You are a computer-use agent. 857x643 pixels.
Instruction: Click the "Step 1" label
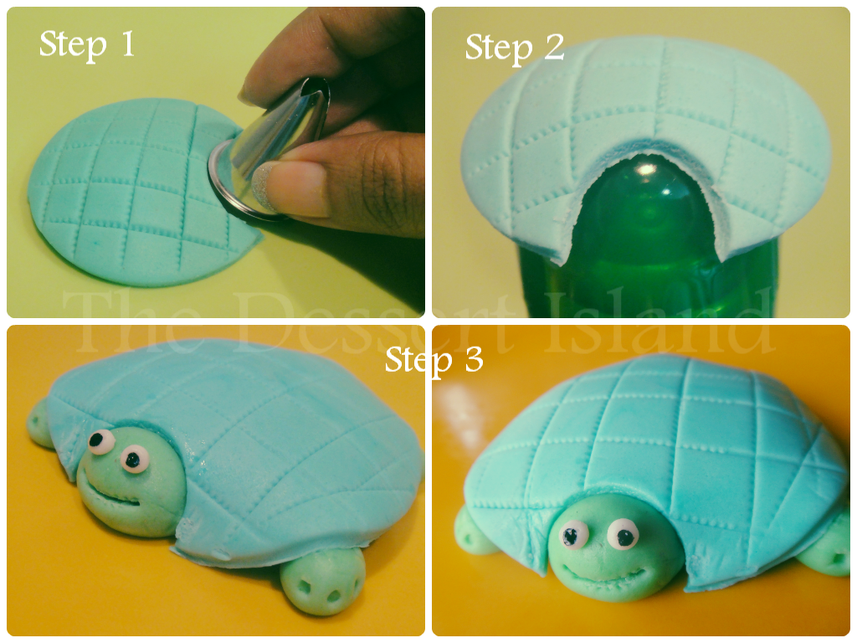pos(87,44)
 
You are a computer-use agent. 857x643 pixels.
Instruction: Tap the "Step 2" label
pos(515,48)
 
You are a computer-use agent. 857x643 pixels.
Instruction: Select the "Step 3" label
pos(434,360)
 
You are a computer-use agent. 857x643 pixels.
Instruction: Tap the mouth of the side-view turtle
pos(114,497)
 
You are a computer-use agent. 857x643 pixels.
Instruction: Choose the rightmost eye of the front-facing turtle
pos(623,534)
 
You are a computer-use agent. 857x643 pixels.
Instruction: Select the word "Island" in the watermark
pos(659,320)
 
